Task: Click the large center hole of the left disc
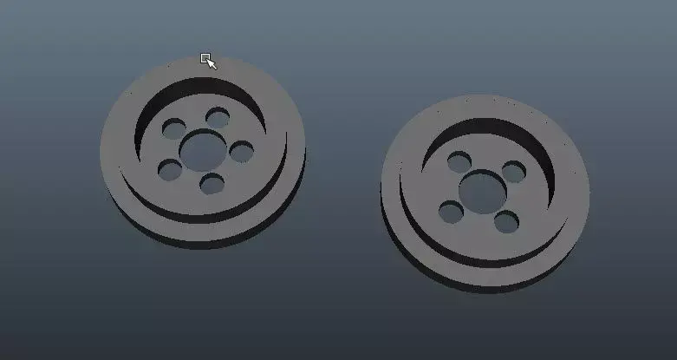pyautogui.click(x=202, y=149)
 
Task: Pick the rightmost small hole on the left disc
pyautogui.click(x=242, y=152)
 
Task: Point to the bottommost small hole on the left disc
pyautogui.click(x=212, y=183)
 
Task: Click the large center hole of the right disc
pyautogui.click(x=478, y=187)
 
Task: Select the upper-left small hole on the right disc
pyautogui.click(x=459, y=160)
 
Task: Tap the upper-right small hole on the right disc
pyautogui.click(x=513, y=172)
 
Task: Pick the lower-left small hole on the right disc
pyautogui.click(x=450, y=211)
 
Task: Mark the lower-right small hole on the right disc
pyautogui.click(x=506, y=221)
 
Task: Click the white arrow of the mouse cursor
pyautogui.click(x=211, y=63)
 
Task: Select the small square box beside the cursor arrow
pyautogui.click(x=205, y=58)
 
